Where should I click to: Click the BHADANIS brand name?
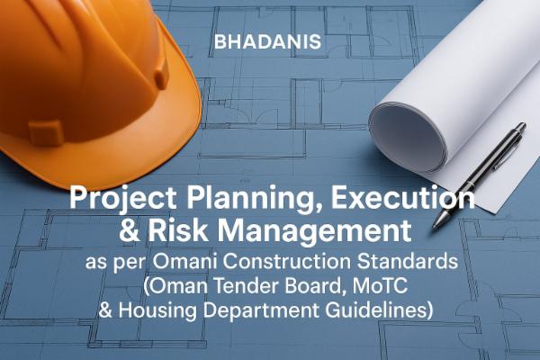pos(269,41)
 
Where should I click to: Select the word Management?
pos(316,230)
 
